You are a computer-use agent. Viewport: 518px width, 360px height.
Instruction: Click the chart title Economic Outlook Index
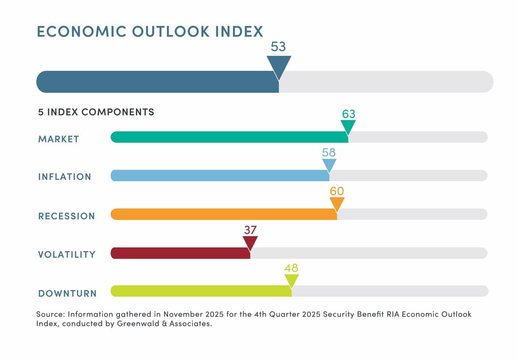[150, 32]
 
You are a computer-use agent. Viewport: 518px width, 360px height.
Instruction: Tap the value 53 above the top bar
[278, 47]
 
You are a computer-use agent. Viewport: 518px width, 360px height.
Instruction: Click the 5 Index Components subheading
[96, 112]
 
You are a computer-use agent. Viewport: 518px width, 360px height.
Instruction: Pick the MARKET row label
[59, 139]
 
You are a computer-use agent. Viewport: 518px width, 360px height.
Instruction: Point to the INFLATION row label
[64, 177]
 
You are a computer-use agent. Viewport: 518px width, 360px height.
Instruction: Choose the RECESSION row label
[67, 216]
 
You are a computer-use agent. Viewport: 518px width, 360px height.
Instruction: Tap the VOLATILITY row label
[67, 255]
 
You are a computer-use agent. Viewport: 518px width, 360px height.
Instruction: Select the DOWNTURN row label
[67, 293]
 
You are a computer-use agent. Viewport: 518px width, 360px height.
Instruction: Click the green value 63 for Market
[348, 114]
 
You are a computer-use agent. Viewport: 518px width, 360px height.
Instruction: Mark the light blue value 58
[329, 153]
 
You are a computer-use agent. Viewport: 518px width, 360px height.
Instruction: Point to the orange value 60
[337, 191]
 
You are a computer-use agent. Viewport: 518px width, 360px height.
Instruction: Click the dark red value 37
[250, 230]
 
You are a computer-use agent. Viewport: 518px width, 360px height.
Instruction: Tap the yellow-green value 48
[291, 268]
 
